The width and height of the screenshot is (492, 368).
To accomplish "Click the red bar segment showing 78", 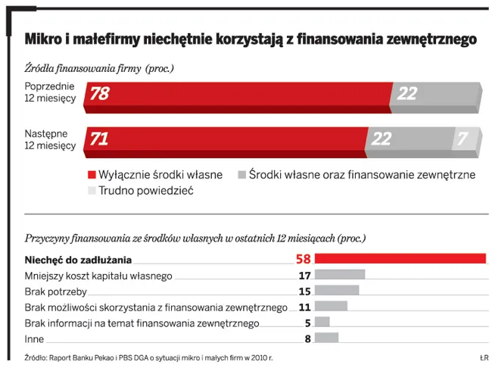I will [238, 94].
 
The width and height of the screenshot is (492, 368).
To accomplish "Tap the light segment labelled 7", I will [466, 140].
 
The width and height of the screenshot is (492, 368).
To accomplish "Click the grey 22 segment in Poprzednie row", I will [435, 94].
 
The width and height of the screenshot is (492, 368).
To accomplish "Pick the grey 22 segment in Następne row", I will [407, 140].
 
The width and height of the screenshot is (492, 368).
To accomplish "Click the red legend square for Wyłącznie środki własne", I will [93, 175].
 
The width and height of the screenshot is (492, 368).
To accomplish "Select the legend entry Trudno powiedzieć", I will [141, 191].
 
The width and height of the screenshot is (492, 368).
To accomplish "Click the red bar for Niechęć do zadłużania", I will [400, 259].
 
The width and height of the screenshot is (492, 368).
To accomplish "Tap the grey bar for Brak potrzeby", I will [337, 291].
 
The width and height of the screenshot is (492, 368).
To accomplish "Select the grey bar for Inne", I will [327, 338].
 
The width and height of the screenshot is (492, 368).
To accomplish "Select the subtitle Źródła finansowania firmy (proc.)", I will [100, 68].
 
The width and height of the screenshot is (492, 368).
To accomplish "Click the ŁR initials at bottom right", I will [483, 357].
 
